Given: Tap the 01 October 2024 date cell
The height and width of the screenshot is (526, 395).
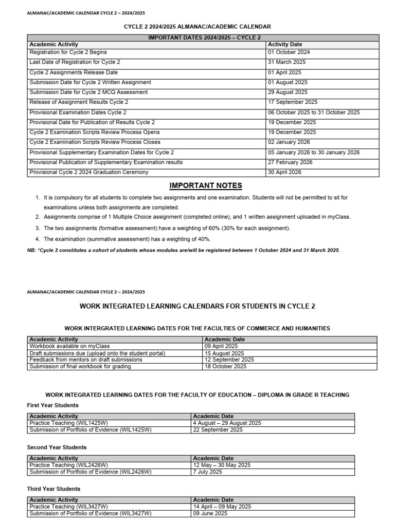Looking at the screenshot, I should (x=289, y=52).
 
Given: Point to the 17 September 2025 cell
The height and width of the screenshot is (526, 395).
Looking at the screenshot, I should (x=293, y=102).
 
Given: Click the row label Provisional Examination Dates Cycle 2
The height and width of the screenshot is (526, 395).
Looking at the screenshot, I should (x=78, y=112).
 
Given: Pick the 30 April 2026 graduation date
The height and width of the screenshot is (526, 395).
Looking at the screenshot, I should (x=284, y=173).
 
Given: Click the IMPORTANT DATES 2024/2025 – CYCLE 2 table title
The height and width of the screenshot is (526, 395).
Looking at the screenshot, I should (x=204, y=37).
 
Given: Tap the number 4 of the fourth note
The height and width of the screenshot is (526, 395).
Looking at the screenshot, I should (x=38, y=239).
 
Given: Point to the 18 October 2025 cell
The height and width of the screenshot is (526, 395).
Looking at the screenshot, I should (x=225, y=366).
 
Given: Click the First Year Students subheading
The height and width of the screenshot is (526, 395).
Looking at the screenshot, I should (x=52, y=405).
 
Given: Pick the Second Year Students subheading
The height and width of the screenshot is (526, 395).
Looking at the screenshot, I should (x=57, y=447).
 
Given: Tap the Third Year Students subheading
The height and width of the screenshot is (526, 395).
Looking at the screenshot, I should (x=53, y=489).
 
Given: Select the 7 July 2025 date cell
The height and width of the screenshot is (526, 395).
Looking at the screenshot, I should (x=208, y=472).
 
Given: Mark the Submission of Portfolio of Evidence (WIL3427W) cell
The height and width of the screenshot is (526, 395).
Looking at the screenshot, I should (x=91, y=513).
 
